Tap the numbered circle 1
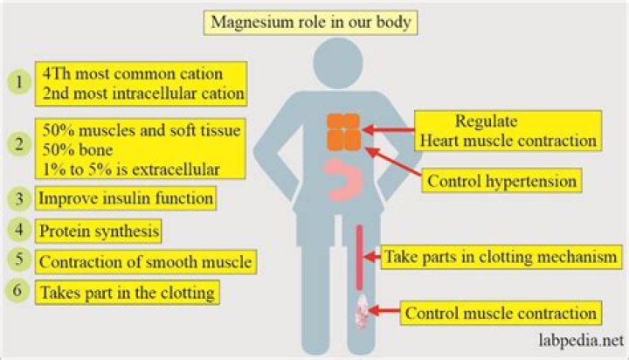click(17, 81)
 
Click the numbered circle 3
click(17, 198)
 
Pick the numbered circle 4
click(17, 230)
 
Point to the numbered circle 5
click(17, 260)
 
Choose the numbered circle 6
click(17, 292)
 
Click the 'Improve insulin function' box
click(126, 198)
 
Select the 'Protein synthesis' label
click(98, 231)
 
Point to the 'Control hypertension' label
click(502, 182)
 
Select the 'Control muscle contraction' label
click(501, 312)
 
